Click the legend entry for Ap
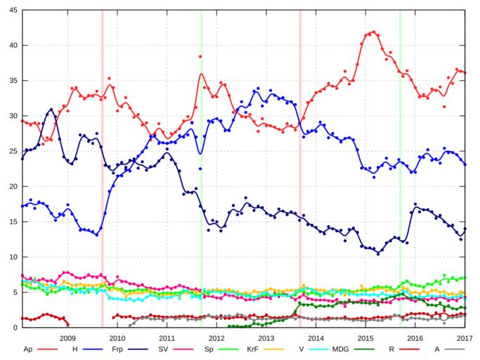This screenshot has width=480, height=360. tap(28, 349)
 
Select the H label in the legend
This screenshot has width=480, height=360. tap(74, 349)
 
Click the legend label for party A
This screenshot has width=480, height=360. tap(436, 349)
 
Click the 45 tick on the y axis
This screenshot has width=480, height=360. tap(12, 10)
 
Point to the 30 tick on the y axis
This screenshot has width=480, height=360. tap(12, 116)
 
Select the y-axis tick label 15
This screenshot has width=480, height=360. tap(12, 221)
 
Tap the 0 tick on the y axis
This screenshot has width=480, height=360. tap(14, 328)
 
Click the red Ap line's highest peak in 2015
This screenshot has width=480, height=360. tap(373, 32)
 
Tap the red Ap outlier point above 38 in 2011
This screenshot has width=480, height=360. tap(200, 56)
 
